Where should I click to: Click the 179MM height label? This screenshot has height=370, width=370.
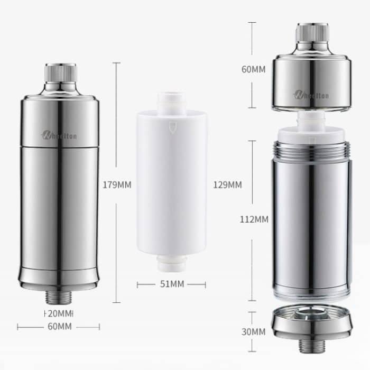coord(117,185)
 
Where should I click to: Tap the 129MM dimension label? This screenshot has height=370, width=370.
coord(227,185)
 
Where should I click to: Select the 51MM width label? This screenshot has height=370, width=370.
coord(171,284)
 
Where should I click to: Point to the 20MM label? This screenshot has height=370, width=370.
coord(59,313)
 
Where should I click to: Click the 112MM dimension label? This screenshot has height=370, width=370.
coord(255,219)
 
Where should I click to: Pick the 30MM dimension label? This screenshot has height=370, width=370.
coord(255,332)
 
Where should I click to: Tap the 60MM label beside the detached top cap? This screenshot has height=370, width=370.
coord(255,68)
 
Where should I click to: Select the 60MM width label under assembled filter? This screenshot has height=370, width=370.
coord(59,327)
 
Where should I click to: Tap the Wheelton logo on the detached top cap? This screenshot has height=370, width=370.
coord(311,95)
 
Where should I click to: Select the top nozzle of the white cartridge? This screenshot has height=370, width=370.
coord(171,101)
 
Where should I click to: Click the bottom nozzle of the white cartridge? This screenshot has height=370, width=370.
coord(171,262)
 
